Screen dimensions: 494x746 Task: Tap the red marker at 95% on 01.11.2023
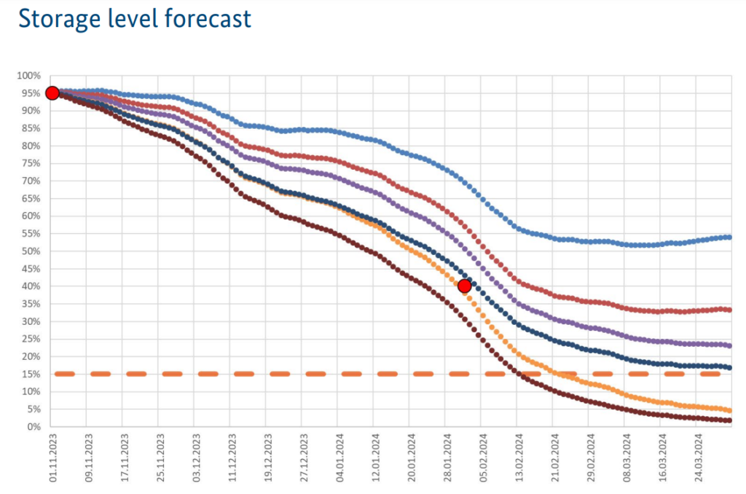coord(52,93)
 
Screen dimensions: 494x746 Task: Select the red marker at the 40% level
coord(464,286)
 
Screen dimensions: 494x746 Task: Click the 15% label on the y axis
coord(31,374)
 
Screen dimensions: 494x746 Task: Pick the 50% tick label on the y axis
coord(31,251)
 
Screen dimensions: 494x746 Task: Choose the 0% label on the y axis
coord(34,427)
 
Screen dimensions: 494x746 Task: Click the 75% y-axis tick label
coord(31,163)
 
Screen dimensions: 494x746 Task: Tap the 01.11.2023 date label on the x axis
coord(52,458)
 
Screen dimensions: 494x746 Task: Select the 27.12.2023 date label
coord(303,458)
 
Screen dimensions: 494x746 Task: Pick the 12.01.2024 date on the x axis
coord(374,458)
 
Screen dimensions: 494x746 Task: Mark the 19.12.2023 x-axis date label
coord(267,458)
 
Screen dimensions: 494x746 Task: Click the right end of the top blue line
coord(729,237)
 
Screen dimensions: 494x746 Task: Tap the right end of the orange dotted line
coord(729,410)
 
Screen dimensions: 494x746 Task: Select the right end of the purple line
coord(729,345)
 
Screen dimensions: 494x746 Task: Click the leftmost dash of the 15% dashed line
coord(65,374)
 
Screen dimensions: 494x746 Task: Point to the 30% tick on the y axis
coord(31,321)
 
